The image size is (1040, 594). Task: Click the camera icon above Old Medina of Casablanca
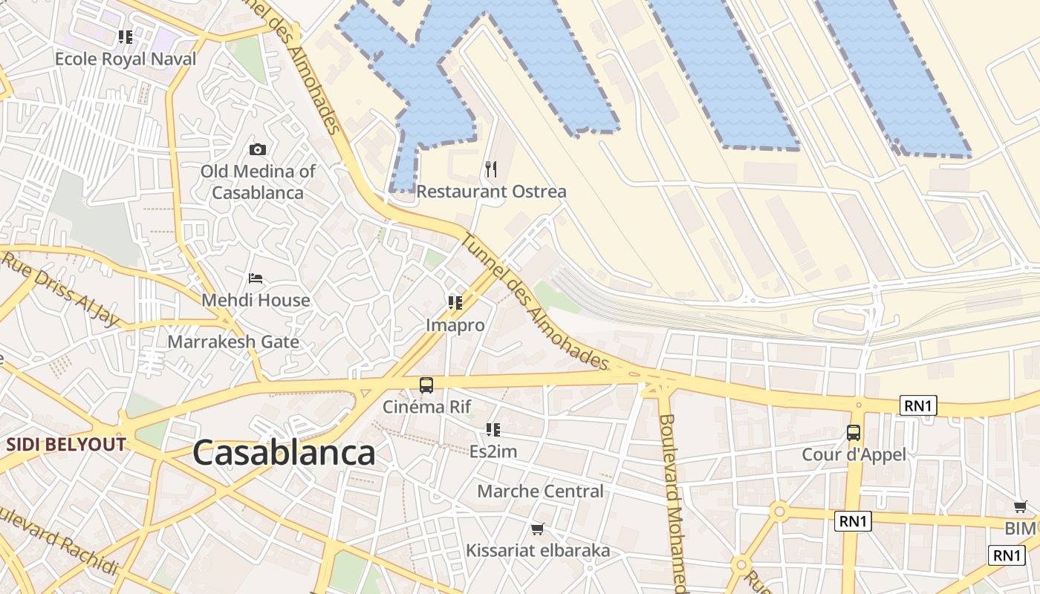[258, 150]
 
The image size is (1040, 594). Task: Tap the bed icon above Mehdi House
[256, 279]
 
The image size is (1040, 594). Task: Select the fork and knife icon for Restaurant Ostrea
[490, 169]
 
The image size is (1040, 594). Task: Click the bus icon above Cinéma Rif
[426, 385]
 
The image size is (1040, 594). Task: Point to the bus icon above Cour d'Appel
[854, 433]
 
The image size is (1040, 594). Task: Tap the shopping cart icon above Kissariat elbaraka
[537, 529]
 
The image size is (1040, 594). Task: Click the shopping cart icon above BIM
[1021, 507]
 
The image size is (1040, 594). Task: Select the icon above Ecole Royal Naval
[126, 37]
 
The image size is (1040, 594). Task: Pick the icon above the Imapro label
[455, 303]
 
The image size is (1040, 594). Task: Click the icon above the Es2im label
[493, 430]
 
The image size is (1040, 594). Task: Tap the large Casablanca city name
[284, 453]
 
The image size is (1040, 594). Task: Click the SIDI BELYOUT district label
[66, 445]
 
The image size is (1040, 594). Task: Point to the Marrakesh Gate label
[233, 342]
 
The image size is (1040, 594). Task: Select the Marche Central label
[540, 492]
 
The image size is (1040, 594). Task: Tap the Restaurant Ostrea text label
[491, 192]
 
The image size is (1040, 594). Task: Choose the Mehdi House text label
[256, 301]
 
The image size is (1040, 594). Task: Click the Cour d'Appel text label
[854, 454]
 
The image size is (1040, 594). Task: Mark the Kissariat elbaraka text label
[538, 551]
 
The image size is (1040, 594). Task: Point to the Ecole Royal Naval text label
[126, 59]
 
